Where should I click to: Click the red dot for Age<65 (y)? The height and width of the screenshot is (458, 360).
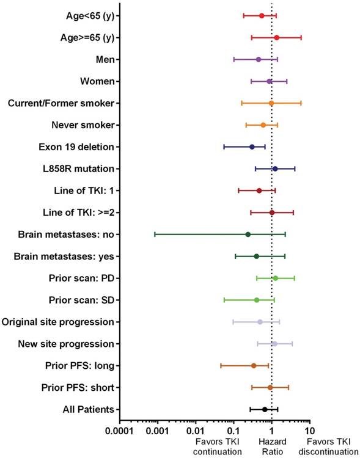tap(262, 16)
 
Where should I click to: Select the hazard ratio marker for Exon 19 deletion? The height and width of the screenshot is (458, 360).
tap(252, 147)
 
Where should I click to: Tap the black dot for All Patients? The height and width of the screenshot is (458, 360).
tap(265, 410)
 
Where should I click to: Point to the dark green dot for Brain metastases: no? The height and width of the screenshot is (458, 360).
tap(248, 234)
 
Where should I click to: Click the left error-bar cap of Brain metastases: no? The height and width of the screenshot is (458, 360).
tap(155, 234)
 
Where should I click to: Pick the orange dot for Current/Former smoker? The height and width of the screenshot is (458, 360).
tap(271, 103)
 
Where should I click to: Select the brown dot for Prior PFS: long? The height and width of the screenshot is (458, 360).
tap(254, 366)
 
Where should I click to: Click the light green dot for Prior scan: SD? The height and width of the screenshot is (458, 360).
tap(257, 300)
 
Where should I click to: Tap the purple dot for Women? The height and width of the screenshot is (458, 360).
tap(270, 81)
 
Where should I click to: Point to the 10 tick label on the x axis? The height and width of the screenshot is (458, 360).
tap(309, 432)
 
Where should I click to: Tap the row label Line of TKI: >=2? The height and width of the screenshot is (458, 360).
tap(86, 213)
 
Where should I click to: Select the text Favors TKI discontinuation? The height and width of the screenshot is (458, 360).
tap(332, 446)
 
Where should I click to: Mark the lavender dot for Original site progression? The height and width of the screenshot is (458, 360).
tap(260, 322)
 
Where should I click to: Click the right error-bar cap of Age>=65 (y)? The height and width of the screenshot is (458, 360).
tap(301, 38)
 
